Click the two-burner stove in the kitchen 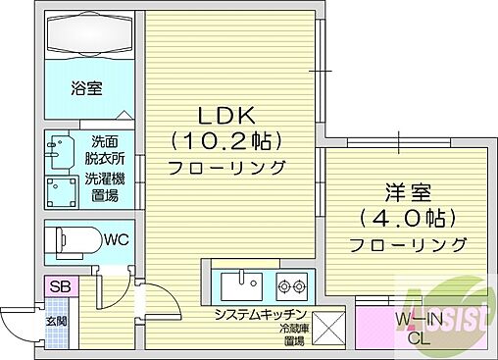(x=291, y=285)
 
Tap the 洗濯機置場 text (x=102, y=186)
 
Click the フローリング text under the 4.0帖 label (x=406, y=244)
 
